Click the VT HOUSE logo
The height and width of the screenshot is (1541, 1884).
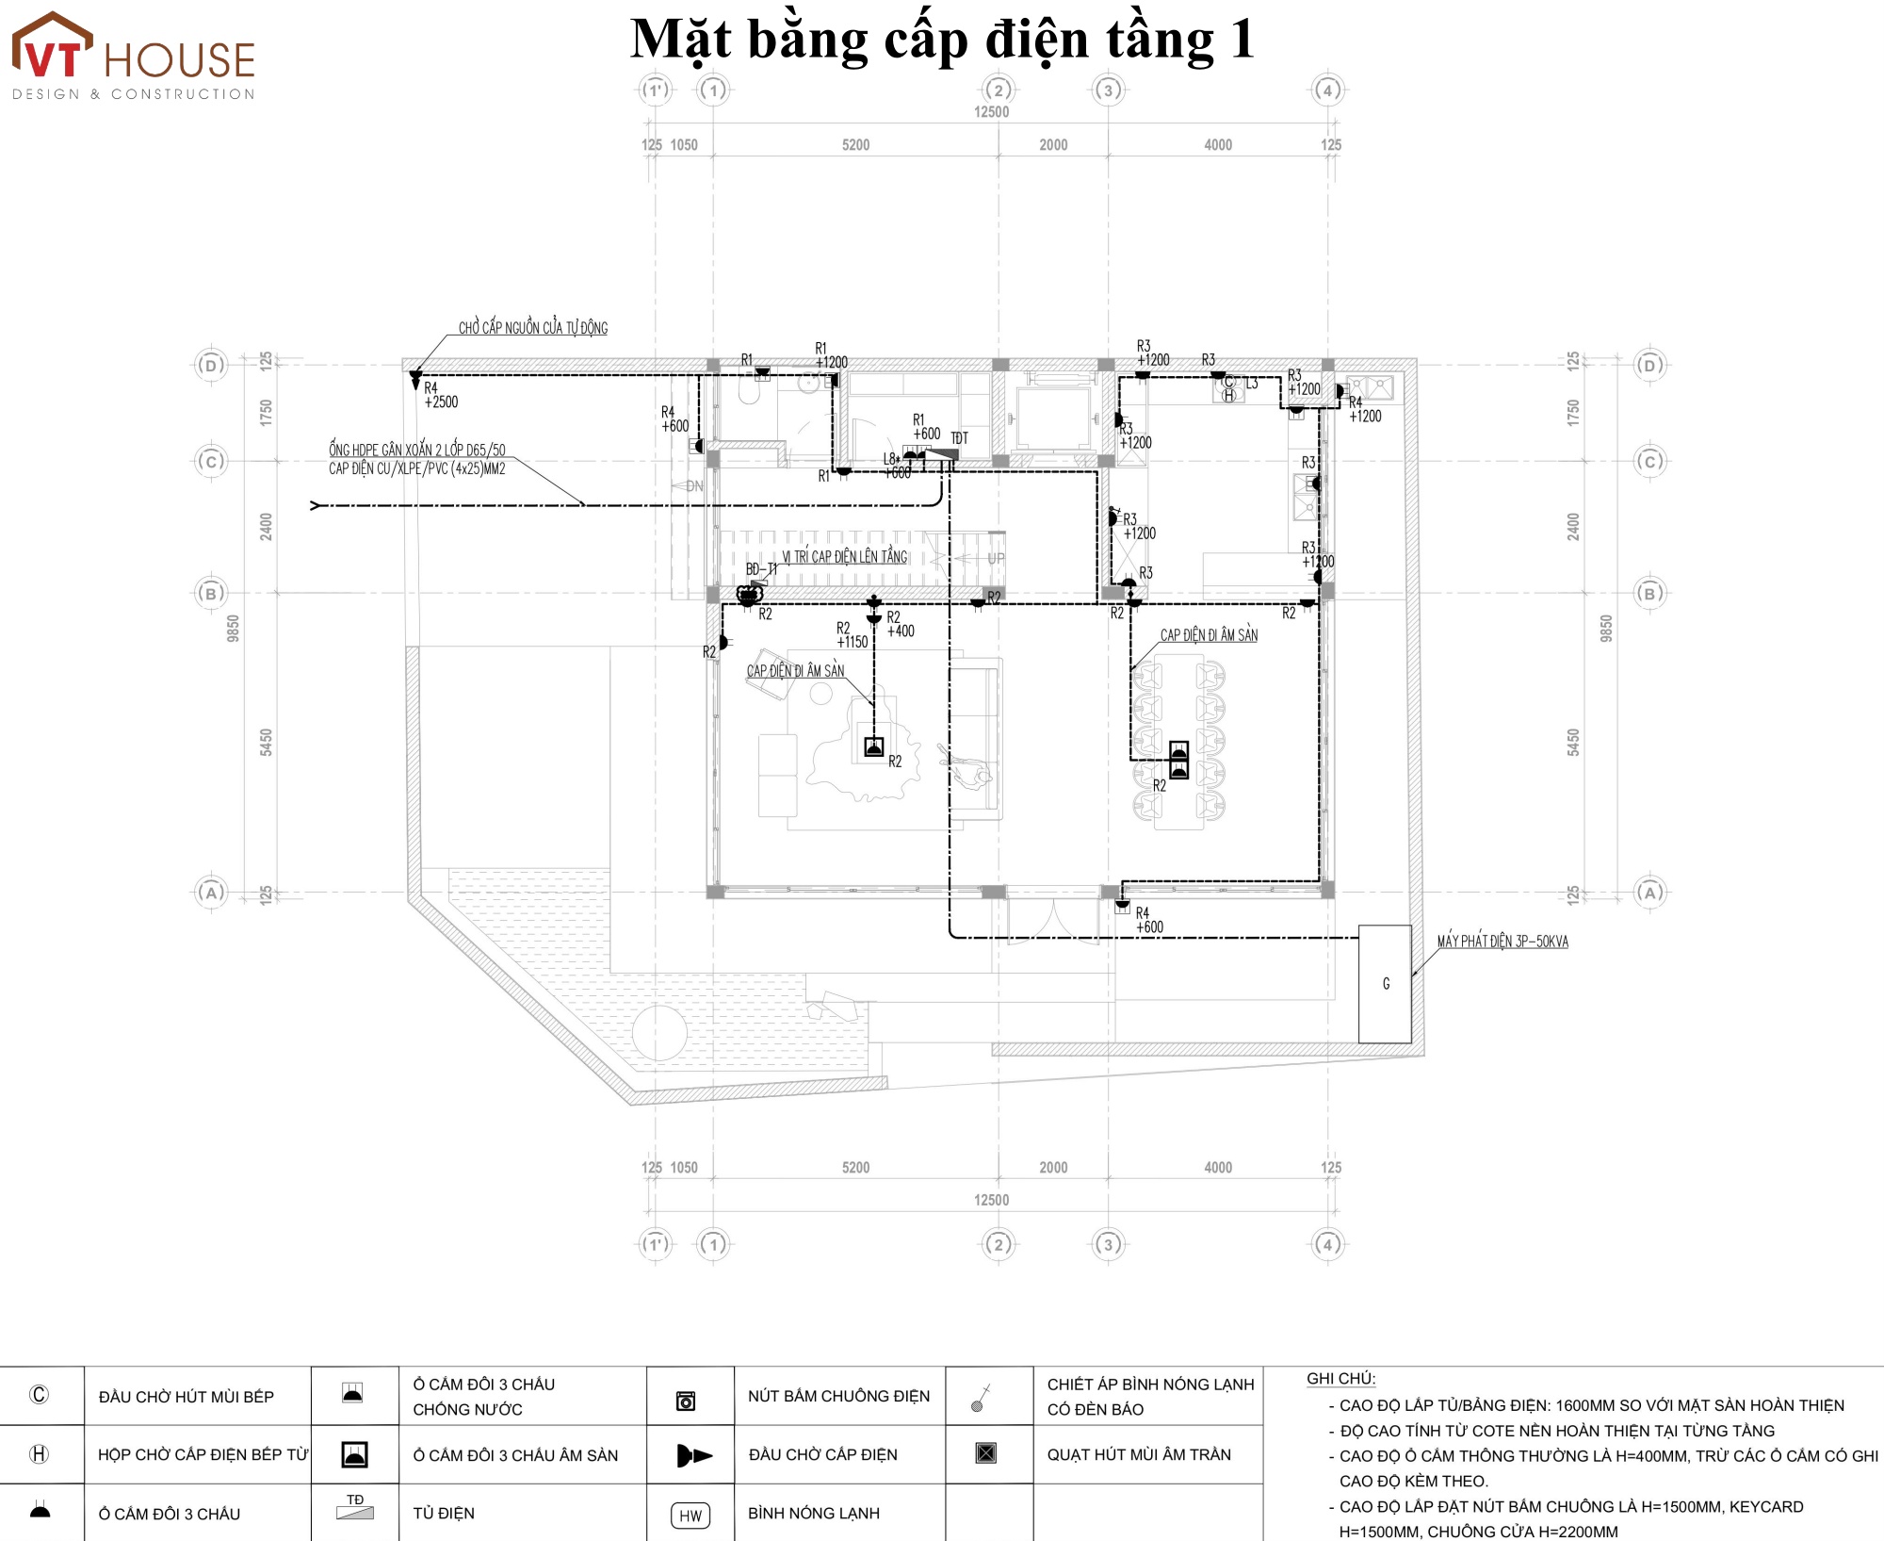coord(133,57)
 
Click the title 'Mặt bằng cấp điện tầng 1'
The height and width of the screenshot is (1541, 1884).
coord(942,40)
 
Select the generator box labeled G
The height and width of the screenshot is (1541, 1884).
coord(1385,984)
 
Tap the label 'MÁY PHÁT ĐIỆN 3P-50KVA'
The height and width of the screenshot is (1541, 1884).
coord(1502,942)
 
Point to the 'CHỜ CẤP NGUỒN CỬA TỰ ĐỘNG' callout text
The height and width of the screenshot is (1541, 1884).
coord(533,328)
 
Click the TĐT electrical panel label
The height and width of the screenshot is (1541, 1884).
coord(959,438)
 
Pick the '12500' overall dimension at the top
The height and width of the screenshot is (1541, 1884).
coord(991,112)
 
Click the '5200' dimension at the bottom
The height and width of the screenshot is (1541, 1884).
coord(855,1168)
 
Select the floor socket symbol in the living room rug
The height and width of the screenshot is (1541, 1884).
coord(874,747)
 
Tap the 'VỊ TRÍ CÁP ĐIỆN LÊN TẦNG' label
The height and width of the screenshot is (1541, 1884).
coord(845,557)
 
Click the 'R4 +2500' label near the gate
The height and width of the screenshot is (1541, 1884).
coord(440,395)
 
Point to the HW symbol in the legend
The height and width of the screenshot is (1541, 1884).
coord(690,1516)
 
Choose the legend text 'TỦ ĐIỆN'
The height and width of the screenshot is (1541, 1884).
coord(444,1514)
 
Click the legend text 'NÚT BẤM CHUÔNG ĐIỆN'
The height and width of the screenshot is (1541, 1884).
coord(838,1396)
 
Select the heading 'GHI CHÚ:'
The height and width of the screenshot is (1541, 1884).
coord(1340,1379)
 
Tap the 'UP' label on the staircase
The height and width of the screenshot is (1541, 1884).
coord(996,559)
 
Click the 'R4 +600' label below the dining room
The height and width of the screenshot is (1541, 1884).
coord(1148,920)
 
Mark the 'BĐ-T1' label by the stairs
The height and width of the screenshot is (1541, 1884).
coord(761,569)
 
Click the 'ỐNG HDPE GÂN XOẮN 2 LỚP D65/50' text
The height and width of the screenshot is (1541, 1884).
coord(416,451)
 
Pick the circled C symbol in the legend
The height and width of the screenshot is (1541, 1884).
coord(40,1395)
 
